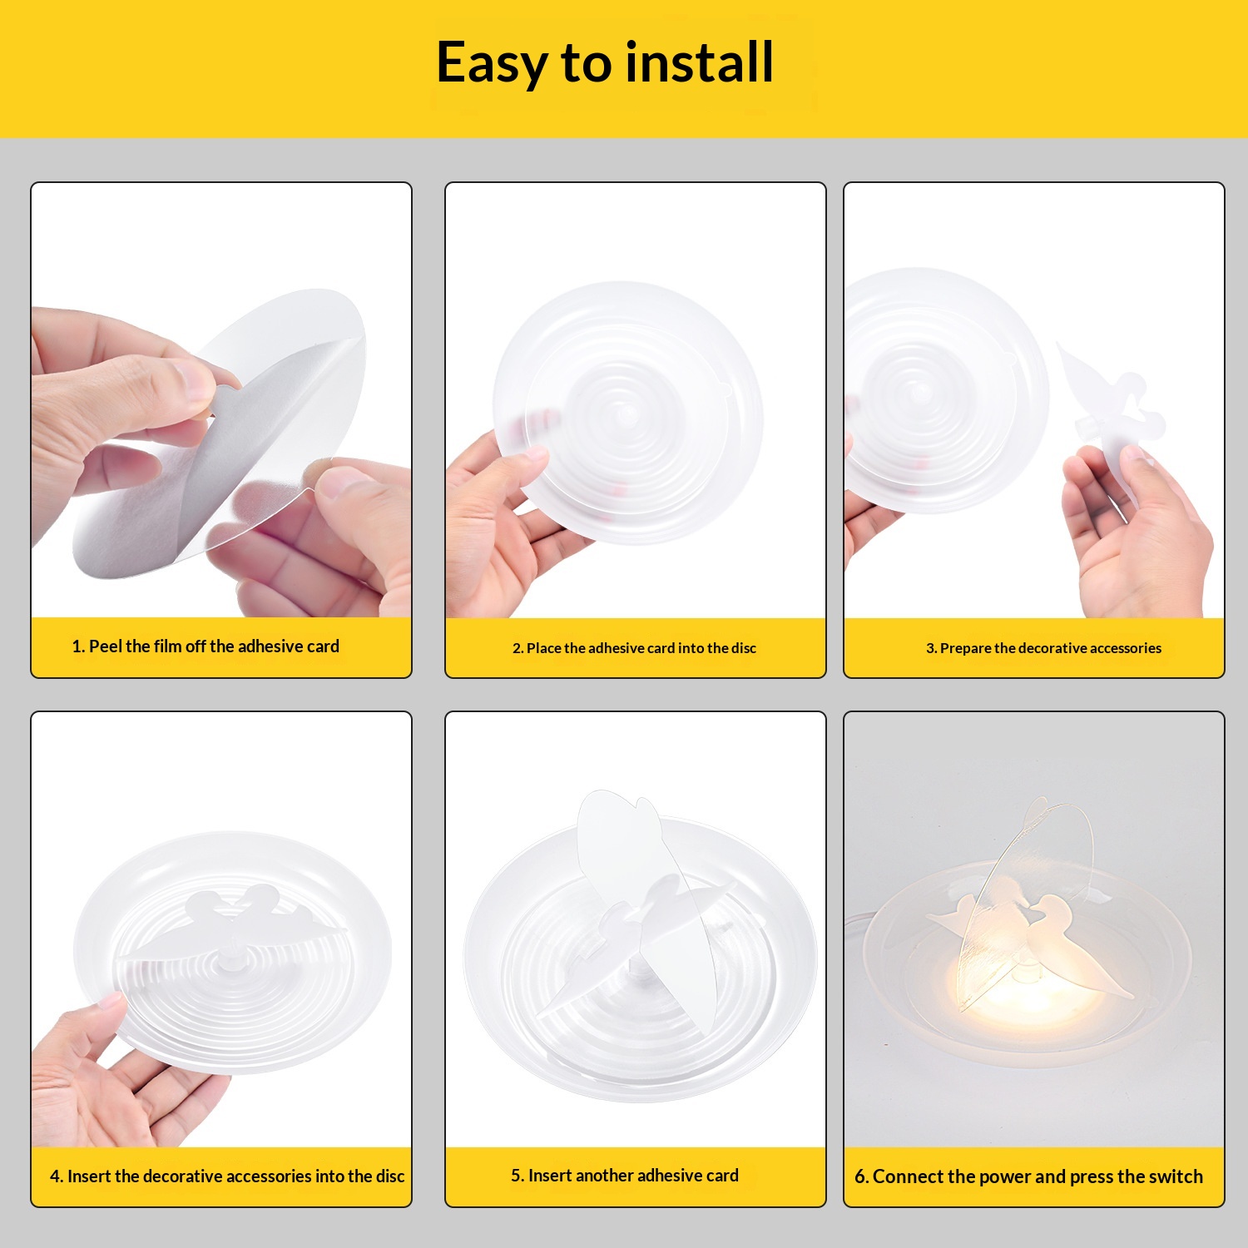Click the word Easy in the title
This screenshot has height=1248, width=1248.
492,64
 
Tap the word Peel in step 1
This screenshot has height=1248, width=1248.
106,646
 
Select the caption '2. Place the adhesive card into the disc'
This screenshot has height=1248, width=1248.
634,648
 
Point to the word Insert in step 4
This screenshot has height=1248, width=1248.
90,1176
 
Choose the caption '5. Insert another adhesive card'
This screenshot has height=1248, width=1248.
625,1176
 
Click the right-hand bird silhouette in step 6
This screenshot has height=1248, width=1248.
1073,944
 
